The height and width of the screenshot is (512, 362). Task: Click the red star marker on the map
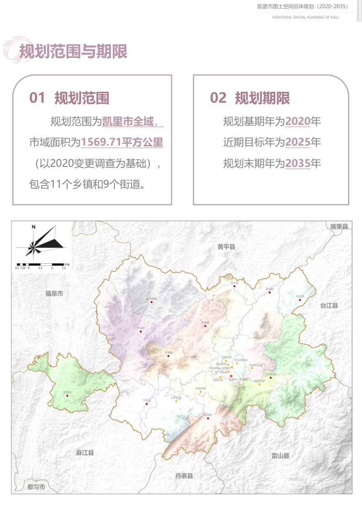click(231, 376)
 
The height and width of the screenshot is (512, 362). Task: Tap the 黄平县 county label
click(226, 247)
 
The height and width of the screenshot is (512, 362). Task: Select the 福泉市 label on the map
click(54, 294)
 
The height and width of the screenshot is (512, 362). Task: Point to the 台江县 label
click(329, 306)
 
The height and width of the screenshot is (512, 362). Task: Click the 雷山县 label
click(280, 456)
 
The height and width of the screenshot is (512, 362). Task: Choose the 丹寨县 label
click(184, 476)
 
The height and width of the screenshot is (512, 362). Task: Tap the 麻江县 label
click(85, 453)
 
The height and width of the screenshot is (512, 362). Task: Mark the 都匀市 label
click(36, 487)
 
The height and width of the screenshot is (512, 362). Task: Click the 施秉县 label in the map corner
click(339, 227)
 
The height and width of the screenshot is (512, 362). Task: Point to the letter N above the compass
click(33, 227)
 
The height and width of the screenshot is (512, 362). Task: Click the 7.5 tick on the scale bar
click(64, 268)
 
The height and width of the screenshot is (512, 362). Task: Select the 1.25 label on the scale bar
click(23, 268)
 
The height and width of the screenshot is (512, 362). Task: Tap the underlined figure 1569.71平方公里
click(122, 142)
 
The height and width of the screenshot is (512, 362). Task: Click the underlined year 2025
click(298, 142)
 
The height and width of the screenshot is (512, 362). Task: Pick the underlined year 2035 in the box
click(298, 163)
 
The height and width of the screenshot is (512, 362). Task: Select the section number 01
click(37, 98)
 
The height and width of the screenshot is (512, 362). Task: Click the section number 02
click(218, 98)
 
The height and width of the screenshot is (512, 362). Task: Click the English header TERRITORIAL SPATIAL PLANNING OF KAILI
click(305, 17)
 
